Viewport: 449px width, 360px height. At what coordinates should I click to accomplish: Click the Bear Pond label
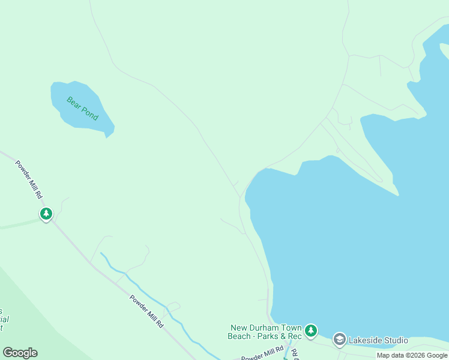(x=82, y=108)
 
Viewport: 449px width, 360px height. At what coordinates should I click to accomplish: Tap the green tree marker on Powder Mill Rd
(x=46, y=214)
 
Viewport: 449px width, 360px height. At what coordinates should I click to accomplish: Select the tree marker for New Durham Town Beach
(x=310, y=331)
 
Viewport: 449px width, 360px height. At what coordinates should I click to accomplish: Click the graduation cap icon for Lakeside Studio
(x=339, y=340)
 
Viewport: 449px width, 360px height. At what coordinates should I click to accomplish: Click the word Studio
(x=396, y=340)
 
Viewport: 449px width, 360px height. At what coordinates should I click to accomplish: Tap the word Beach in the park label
(x=240, y=336)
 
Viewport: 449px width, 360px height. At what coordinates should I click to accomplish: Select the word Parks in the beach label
(x=271, y=336)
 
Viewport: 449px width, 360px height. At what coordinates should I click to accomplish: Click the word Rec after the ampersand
(x=294, y=336)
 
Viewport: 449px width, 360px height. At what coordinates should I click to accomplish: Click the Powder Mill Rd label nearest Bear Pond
(x=29, y=179)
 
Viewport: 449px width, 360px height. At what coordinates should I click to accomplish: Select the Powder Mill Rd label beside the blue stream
(x=146, y=310)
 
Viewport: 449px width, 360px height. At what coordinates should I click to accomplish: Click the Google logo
(x=20, y=353)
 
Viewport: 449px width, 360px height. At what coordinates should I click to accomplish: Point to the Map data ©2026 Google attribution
(x=412, y=355)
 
